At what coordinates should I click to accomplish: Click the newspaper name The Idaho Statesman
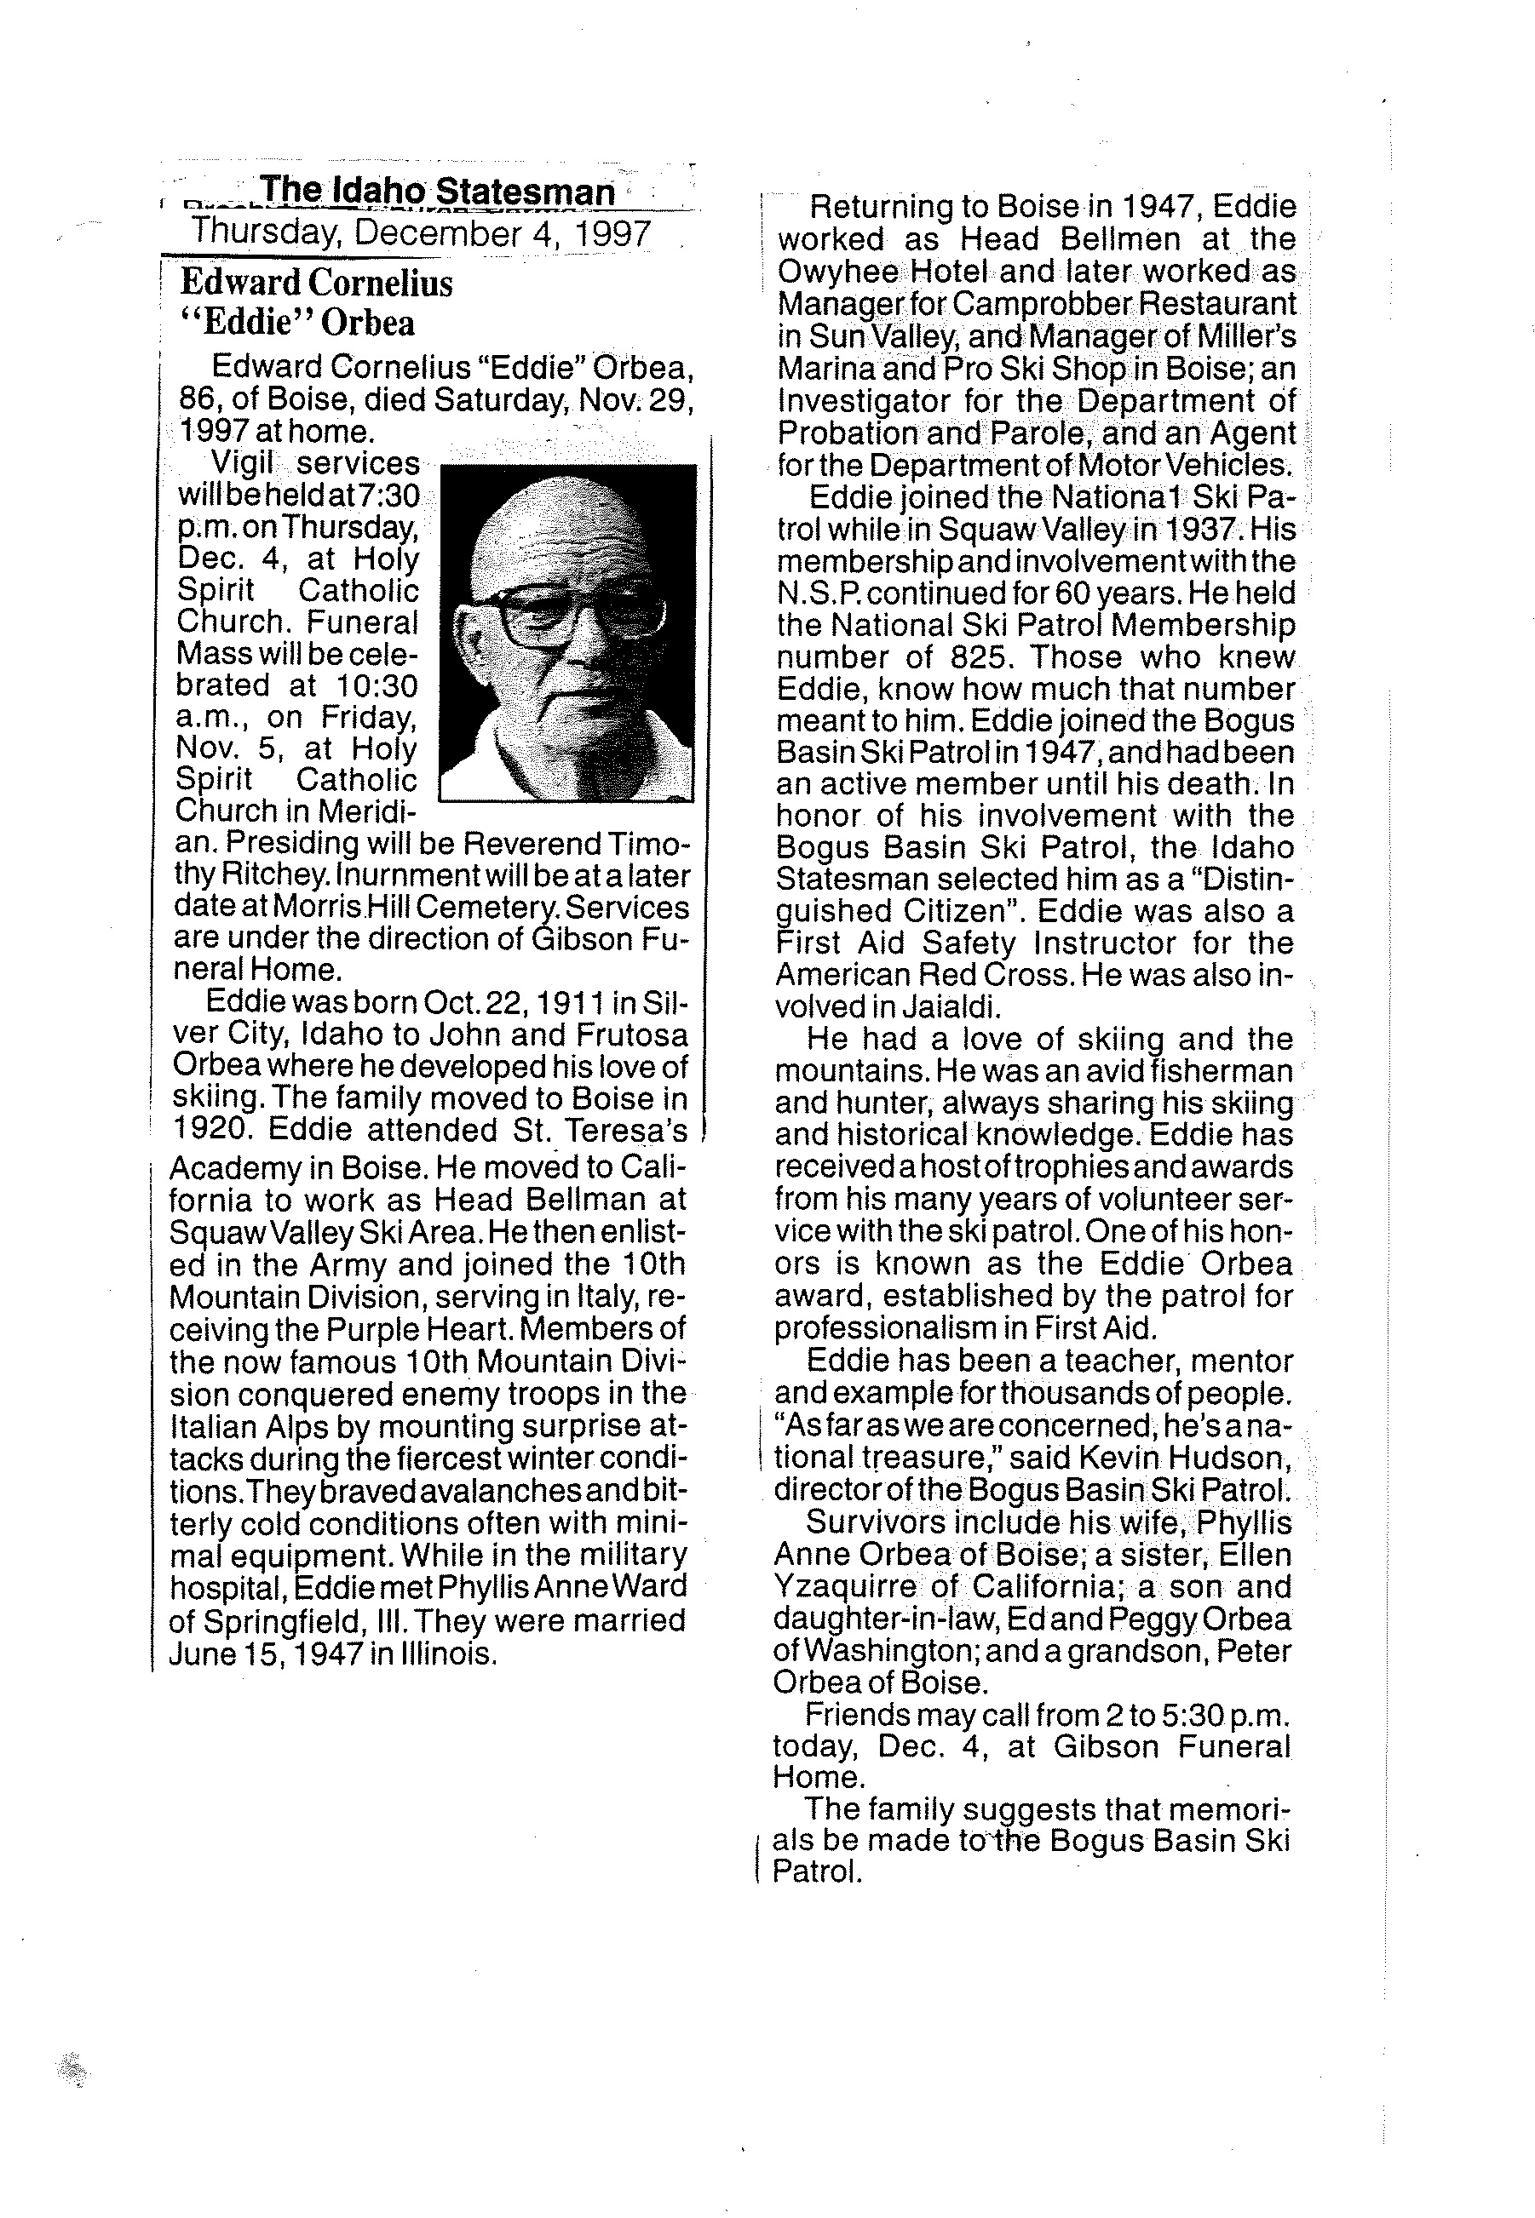pyautogui.click(x=438, y=192)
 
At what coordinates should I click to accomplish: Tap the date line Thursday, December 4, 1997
pyautogui.click(x=422, y=233)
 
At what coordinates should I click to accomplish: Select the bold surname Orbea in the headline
pyautogui.click(x=368, y=323)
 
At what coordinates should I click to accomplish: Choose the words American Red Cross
pyautogui.click(x=923, y=975)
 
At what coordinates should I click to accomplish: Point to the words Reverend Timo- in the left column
pyautogui.click(x=577, y=843)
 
